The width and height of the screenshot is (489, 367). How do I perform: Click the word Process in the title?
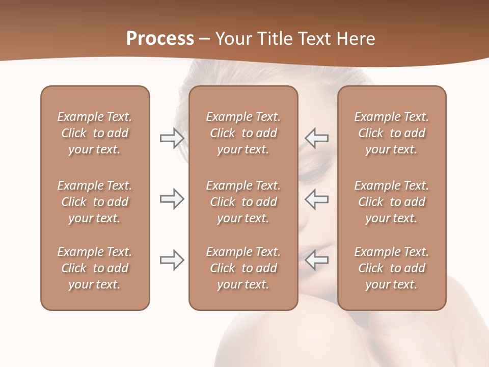click(160, 39)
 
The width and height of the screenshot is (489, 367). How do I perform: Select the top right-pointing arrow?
click(172, 138)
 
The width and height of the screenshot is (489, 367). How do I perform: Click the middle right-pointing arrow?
click(172, 199)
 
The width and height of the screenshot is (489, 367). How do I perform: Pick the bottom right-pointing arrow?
click(172, 260)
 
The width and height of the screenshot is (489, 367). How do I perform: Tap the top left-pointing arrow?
click(317, 138)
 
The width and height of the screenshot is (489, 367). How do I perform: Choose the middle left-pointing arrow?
click(317, 199)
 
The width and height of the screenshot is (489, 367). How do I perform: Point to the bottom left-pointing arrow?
click(317, 260)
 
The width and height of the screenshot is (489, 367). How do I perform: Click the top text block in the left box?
click(95, 133)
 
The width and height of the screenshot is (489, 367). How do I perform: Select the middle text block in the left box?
click(95, 202)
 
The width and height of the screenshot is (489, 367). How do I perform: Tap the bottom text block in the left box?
click(95, 268)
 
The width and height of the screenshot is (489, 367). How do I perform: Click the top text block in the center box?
click(243, 133)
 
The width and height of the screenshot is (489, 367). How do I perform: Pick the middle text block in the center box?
click(243, 202)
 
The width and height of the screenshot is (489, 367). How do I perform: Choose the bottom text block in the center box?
click(243, 268)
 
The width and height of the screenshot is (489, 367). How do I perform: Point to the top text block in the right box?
click(392, 133)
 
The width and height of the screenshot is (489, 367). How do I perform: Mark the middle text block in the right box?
click(392, 202)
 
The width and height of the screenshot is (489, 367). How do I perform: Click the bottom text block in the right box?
click(392, 268)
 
